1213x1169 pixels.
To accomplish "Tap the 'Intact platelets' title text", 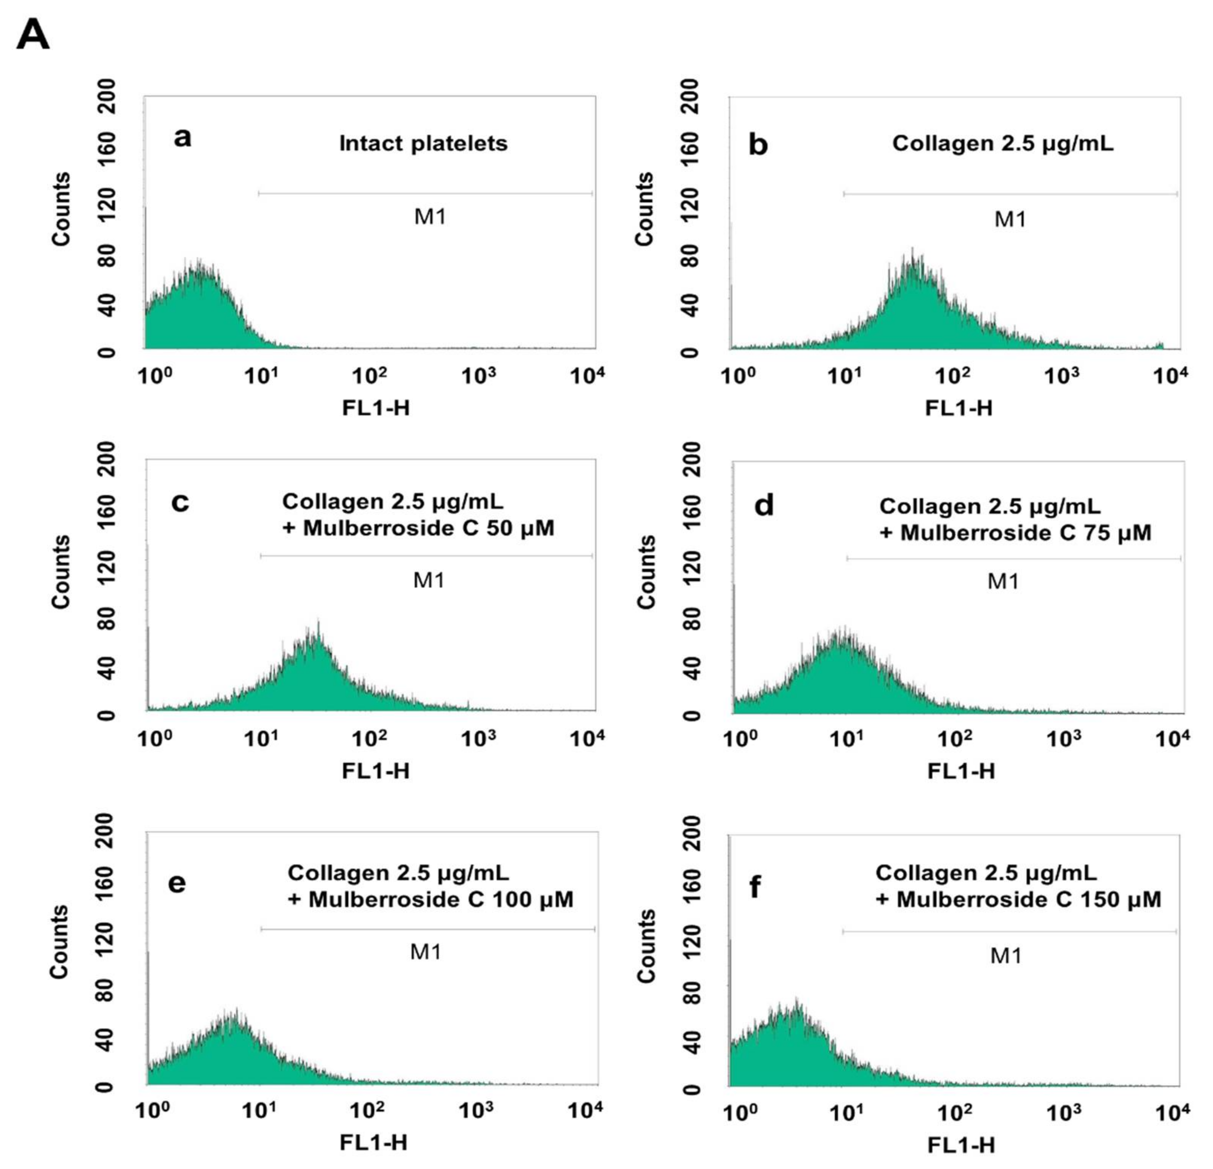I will [x=423, y=144].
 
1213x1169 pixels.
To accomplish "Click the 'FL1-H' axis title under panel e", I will [x=374, y=1142].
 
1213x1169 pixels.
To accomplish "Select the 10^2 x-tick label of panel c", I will [x=370, y=738].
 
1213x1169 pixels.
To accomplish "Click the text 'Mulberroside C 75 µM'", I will [x=1026, y=533].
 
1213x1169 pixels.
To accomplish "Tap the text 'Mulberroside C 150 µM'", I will [x=1029, y=899].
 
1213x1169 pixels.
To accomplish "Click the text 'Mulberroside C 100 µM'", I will [x=441, y=899].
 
